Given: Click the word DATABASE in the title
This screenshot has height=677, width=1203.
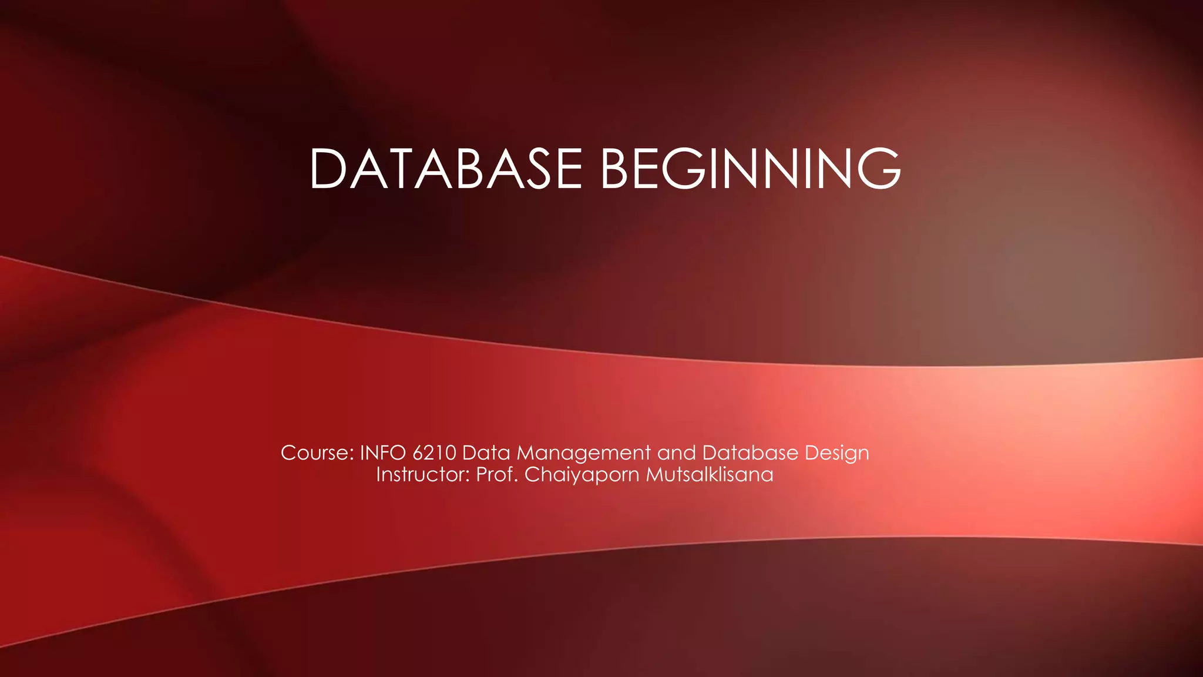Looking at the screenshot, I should (445, 169).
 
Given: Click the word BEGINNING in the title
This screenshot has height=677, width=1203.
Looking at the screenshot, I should (750, 169).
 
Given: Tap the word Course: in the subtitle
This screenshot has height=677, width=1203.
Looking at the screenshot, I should (317, 453).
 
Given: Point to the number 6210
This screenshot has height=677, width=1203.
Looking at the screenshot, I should (434, 453).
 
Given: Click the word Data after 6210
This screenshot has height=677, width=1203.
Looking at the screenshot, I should (486, 453).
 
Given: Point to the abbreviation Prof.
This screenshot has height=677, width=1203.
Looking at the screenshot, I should (497, 475).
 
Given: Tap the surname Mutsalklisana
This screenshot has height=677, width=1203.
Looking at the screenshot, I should (710, 475).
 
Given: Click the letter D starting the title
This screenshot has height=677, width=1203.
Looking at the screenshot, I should (329, 169).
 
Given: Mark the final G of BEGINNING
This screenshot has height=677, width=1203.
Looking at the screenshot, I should (878, 169).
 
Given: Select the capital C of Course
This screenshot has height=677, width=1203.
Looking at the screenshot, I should (288, 453).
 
